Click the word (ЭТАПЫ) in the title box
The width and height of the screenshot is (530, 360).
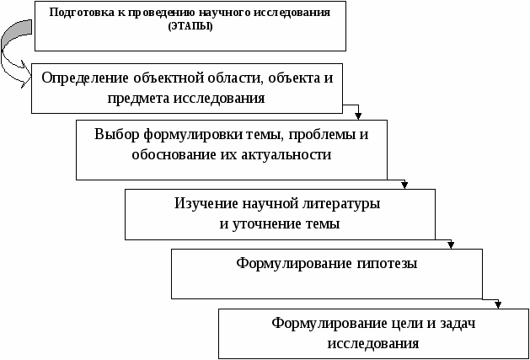point(190,27)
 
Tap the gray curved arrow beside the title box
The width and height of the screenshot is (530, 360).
point(15,54)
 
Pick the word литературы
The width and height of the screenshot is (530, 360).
point(340,205)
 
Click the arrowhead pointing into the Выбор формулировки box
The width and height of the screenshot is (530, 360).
point(358,116)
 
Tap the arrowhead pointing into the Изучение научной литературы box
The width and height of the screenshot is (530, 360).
point(404,185)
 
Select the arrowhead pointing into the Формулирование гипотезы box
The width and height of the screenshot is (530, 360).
point(451,245)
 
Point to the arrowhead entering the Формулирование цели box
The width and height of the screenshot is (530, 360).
point(497,304)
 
